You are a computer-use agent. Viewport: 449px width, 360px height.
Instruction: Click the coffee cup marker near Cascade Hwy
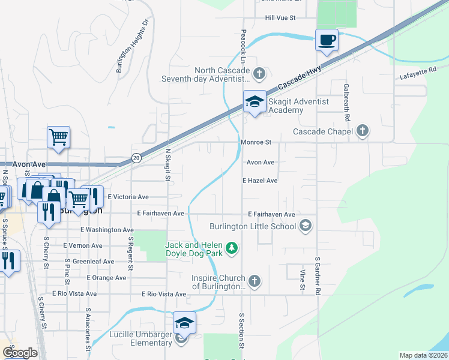327,40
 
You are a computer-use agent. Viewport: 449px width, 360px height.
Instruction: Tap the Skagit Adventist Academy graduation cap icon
255,102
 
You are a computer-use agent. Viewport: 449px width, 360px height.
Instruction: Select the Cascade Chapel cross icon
362,131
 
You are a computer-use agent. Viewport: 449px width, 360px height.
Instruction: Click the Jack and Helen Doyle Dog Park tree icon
232,247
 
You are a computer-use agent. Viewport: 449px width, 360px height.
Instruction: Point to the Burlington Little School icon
306,225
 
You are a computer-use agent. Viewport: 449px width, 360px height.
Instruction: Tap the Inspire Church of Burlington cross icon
255,281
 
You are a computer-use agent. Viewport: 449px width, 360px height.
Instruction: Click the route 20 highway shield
137,158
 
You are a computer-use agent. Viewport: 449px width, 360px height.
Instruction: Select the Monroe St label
257,143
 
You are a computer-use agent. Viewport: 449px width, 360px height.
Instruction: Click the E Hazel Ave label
260,180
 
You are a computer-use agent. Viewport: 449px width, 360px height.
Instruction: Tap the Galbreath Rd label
346,96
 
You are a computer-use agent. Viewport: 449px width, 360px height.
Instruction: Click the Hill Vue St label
281,18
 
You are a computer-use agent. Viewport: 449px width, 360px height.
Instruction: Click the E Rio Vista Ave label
164,294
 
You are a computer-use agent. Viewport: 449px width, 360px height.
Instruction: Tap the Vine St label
302,280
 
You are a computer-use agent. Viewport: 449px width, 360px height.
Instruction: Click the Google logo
20,353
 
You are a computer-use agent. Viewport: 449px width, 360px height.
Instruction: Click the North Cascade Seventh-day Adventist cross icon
259,74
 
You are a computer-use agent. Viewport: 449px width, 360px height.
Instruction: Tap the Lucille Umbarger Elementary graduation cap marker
184,323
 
